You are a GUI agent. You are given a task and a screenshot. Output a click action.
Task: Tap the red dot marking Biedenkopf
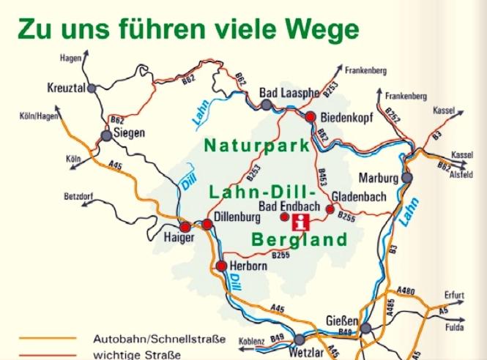(x=311, y=116)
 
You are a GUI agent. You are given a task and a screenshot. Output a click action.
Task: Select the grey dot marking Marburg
(x=406, y=178)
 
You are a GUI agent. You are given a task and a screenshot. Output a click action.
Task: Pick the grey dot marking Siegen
(x=107, y=135)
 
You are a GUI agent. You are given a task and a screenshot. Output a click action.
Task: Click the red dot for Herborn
(x=221, y=266)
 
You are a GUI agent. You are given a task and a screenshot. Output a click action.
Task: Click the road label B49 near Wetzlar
(x=277, y=337)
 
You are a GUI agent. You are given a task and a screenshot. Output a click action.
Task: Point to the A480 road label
(x=405, y=291)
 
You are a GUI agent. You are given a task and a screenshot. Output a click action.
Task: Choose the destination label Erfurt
(x=454, y=295)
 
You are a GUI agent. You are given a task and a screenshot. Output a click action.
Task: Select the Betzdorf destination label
(x=81, y=197)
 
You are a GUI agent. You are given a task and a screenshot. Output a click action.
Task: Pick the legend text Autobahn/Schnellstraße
(x=159, y=340)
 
